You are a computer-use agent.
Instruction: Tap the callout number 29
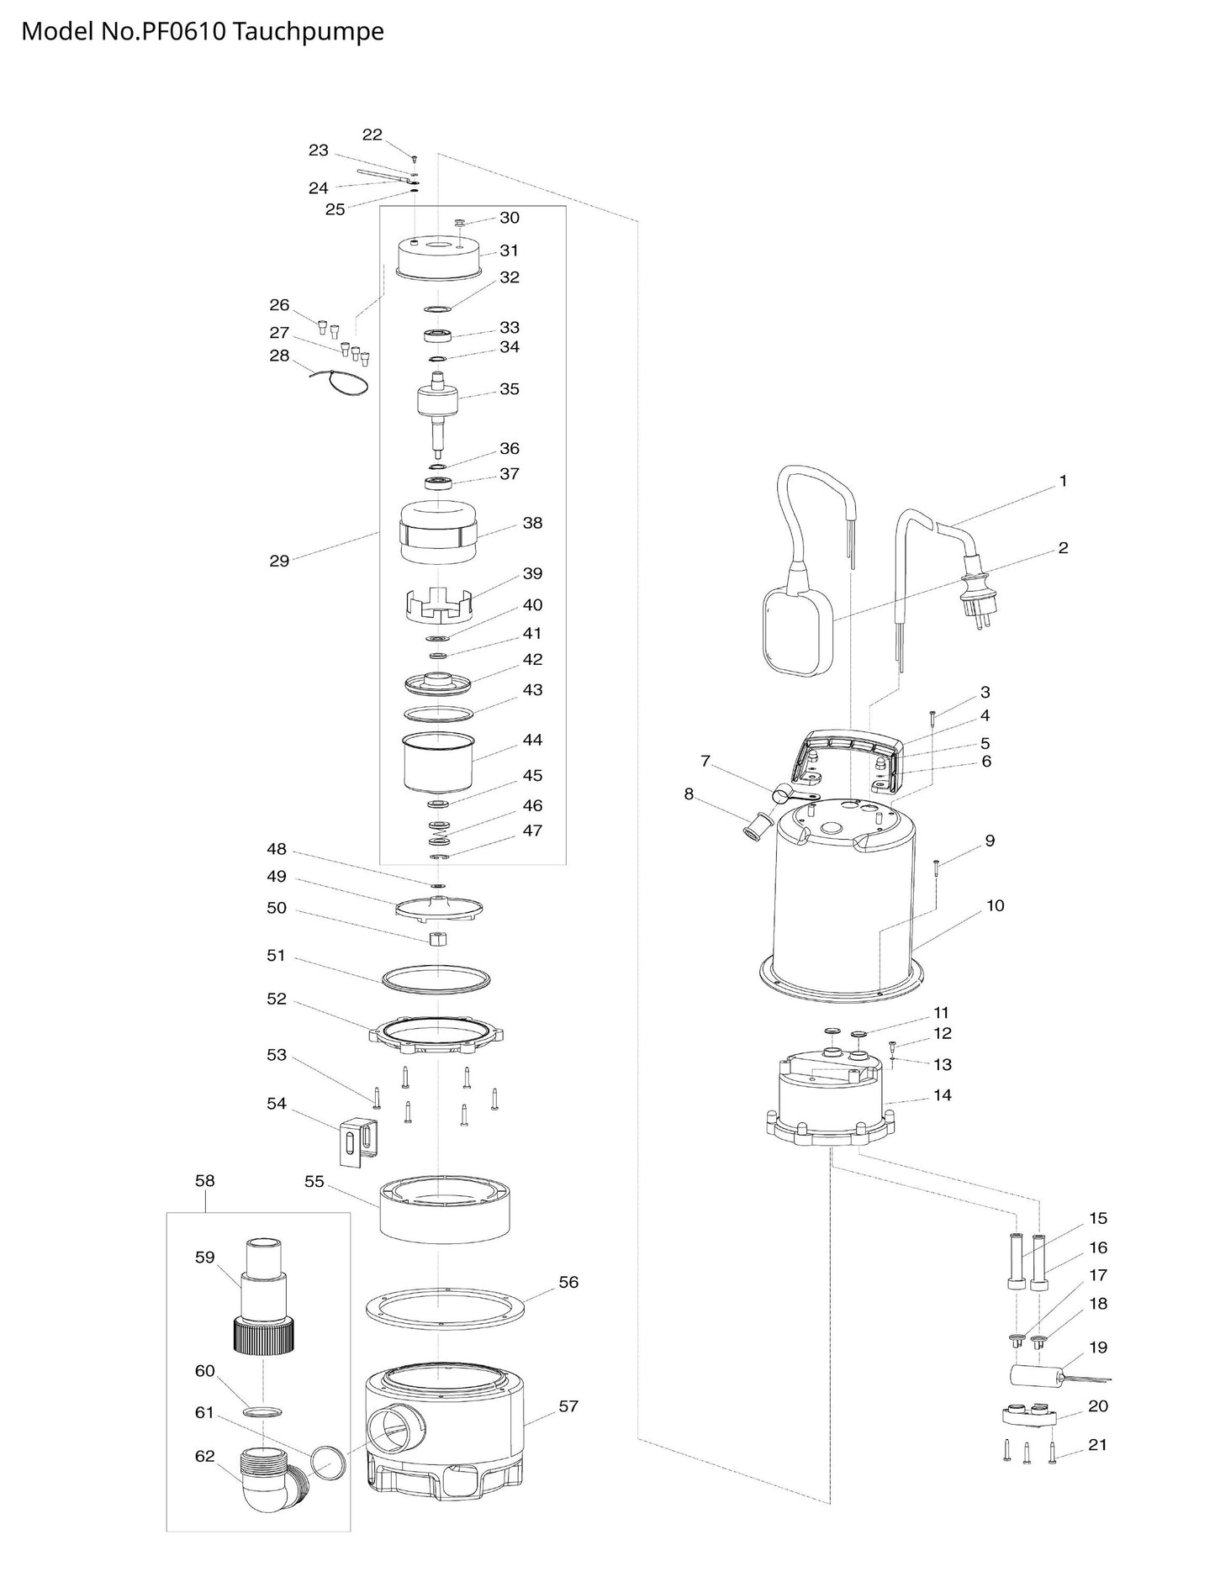[279, 561]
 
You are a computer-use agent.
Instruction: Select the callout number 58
[205, 1181]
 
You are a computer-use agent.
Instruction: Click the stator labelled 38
[437, 533]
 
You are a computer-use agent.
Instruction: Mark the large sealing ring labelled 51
[436, 978]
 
